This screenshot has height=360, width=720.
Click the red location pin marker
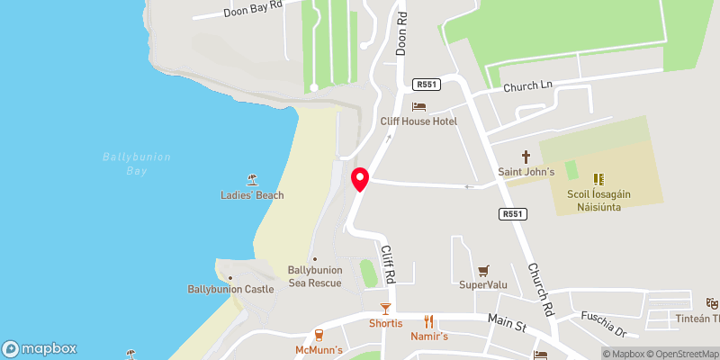[x=360, y=179]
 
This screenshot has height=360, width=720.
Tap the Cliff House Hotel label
[x=418, y=121]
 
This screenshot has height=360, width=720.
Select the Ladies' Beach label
[x=252, y=195]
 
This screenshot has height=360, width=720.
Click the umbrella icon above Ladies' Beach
[x=252, y=180]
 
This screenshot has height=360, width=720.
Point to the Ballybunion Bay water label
[x=136, y=163]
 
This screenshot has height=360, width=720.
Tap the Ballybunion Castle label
[x=230, y=289]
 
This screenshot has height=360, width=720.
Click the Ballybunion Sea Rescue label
[x=314, y=276]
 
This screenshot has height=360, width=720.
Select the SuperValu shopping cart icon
[x=484, y=269]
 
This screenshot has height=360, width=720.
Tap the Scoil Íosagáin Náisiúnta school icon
[x=599, y=179]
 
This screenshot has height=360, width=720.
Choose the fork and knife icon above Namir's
[x=429, y=321]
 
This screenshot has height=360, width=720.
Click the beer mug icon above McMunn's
[x=319, y=335]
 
